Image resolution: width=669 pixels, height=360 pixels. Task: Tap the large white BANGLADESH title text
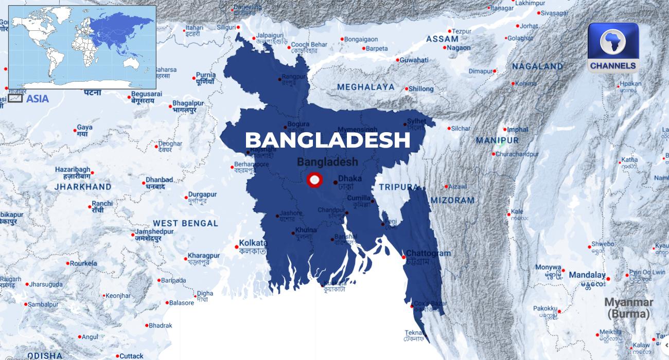tap(327, 140)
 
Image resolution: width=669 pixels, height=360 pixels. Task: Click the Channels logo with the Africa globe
tap(613, 47)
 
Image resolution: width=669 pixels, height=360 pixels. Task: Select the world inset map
tap(82, 47)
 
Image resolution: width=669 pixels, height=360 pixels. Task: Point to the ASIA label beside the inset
tap(37, 98)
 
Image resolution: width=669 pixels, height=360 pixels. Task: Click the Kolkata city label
tap(253, 243)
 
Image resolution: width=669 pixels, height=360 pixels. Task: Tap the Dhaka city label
tap(350, 178)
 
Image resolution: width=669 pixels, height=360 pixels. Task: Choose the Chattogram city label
tap(428, 253)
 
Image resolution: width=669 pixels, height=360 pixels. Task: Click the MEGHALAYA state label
tap(366, 87)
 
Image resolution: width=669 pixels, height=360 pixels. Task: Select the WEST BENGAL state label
tap(185, 223)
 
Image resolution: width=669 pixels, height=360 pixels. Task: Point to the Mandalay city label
tap(587, 275)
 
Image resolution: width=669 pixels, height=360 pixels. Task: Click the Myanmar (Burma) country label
tap(629, 308)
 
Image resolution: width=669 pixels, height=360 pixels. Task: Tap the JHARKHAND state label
tap(83, 187)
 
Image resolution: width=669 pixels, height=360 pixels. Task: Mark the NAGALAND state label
tap(538, 66)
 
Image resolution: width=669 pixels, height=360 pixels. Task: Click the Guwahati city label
tap(414, 60)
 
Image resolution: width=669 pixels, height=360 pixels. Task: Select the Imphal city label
tap(518, 129)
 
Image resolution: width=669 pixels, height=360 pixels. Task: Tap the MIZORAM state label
tap(452, 200)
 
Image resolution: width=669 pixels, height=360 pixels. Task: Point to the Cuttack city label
tap(131, 355)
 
